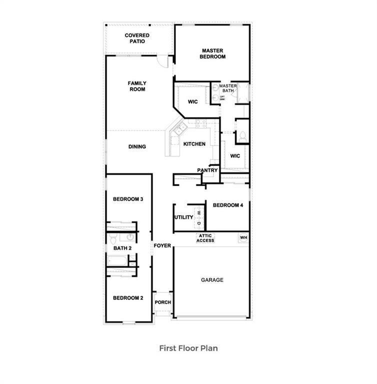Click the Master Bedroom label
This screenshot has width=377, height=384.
(x=213, y=53)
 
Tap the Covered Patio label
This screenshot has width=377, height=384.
(x=137, y=38)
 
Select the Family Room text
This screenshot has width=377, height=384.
(x=137, y=86)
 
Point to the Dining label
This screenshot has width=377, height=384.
(x=137, y=146)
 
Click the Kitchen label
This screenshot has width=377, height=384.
(x=194, y=144)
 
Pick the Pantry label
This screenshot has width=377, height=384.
(x=207, y=170)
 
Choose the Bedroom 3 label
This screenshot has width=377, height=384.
(x=128, y=199)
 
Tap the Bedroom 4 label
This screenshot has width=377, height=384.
(x=228, y=205)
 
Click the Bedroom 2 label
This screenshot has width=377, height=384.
(x=128, y=298)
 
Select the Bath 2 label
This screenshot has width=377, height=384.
(x=122, y=248)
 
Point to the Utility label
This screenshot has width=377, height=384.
(x=183, y=217)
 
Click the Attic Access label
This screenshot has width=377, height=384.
(x=205, y=238)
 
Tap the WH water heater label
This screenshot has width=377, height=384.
(x=243, y=237)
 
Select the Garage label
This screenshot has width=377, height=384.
(x=212, y=280)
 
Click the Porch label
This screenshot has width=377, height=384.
(x=163, y=302)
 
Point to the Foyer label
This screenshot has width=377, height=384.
(x=162, y=245)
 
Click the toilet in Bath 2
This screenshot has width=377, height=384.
(x=113, y=237)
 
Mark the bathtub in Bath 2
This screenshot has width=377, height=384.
(x=118, y=260)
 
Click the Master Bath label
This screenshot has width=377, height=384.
(x=228, y=88)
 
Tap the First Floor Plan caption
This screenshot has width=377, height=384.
(x=188, y=348)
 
